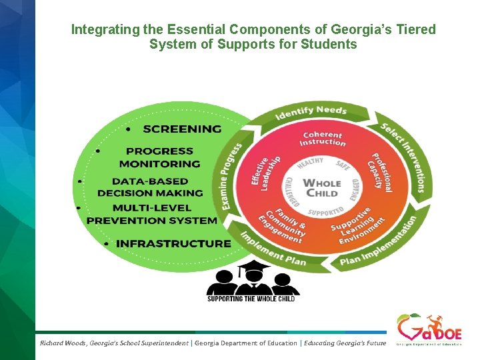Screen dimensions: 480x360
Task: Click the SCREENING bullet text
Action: tap(182, 129)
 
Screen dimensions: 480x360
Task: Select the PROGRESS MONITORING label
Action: tap(159, 157)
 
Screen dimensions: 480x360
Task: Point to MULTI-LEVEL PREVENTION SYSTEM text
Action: tap(152, 214)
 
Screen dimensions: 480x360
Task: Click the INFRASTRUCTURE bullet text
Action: tap(173, 244)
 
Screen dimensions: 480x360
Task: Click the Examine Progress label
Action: tap(233, 177)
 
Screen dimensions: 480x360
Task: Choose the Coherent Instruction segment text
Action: tap(323, 138)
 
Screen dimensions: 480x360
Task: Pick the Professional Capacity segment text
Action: tap(381, 171)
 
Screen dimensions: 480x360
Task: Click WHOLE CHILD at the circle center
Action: tap(321, 187)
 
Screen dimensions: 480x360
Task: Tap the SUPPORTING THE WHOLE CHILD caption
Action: tap(251, 299)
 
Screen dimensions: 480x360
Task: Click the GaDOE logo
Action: tap(428, 329)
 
